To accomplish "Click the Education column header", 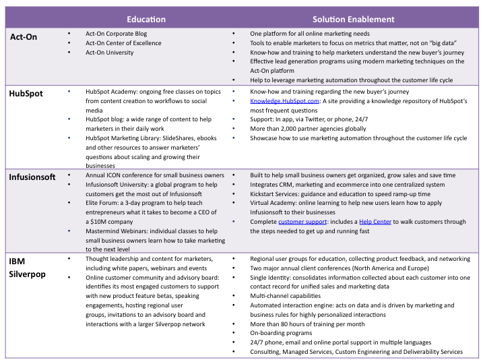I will pyautogui.click(x=146, y=20).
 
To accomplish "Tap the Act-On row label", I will pyautogui.click(x=24, y=36).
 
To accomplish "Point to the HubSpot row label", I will pyautogui.click(x=26, y=93).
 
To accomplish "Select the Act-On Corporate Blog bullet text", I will pyautogui.click(x=116, y=33).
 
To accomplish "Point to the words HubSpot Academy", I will pyautogui.click(x=110, y=91).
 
